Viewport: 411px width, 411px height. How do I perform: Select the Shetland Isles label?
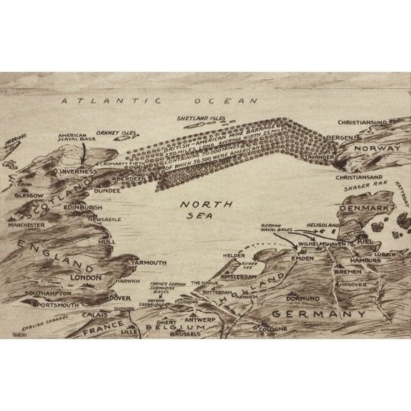point(201,118)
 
